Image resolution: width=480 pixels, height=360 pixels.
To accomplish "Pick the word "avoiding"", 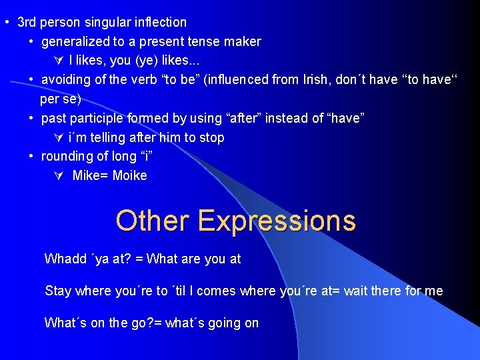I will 65,80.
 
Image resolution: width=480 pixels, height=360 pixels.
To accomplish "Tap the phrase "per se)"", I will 61,99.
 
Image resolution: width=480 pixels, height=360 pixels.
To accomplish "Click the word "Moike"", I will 130,176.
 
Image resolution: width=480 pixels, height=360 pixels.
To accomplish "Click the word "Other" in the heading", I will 152,221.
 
